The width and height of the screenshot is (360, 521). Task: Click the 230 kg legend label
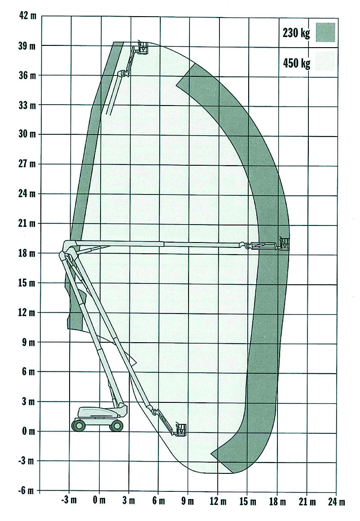296,33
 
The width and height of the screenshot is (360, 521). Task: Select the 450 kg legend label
296,63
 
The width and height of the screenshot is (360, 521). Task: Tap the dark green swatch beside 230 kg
325,32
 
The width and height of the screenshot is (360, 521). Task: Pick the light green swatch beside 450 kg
325,61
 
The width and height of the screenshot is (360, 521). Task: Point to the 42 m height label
27,16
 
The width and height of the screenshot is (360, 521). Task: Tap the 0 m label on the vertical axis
28,431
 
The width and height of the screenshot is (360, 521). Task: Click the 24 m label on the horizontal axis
336,501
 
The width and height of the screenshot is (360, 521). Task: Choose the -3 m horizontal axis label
69,500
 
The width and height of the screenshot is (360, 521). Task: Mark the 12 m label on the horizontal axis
218,501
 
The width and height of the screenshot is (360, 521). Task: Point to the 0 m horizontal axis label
99,500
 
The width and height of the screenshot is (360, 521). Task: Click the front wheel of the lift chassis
116,425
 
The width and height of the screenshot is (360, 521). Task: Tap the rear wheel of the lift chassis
78,425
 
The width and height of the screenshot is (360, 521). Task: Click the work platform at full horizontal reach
284,243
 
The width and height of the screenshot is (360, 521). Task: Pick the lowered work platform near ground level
181,430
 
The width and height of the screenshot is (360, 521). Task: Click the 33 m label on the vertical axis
27,106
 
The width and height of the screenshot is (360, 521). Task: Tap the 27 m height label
27,164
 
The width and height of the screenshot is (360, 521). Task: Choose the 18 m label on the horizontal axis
277,501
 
